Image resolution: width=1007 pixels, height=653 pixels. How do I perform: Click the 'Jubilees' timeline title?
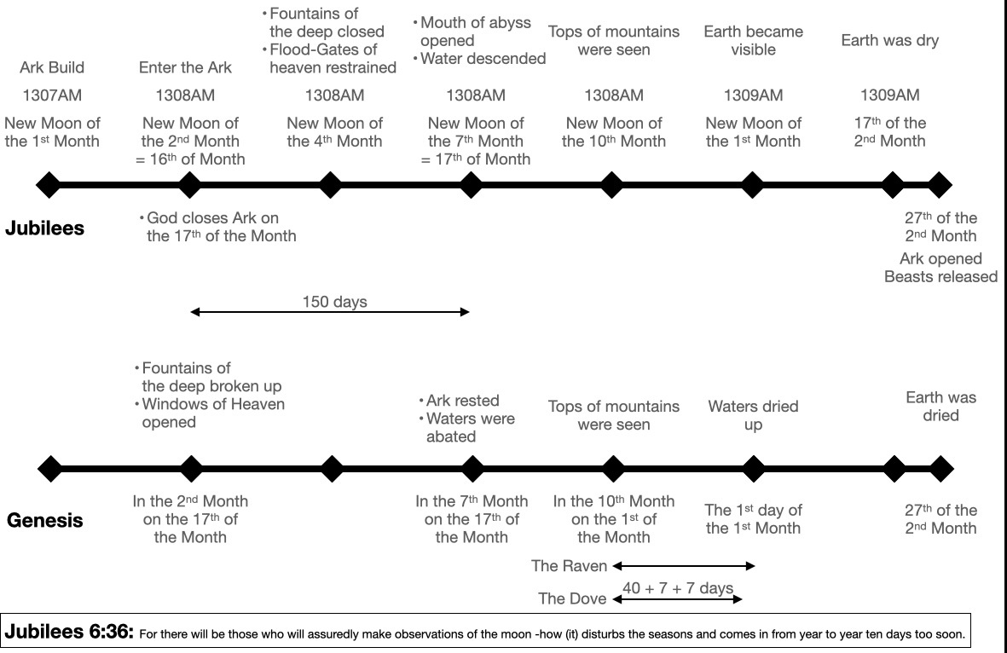pyautogui.click(x=45, y=228)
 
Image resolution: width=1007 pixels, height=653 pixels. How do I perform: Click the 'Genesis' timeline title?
pyautogui.click(x=45, y=520)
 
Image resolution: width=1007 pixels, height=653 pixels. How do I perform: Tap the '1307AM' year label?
pyautogui.click(x=52, y=95)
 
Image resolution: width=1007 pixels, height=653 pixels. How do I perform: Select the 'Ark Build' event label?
pyautogui.click(x=52, y=67)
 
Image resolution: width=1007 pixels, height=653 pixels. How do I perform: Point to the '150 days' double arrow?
pyautogui.click(x=330, y=312)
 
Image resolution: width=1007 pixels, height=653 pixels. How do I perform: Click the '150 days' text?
pyautogui.click(x=334, y=302)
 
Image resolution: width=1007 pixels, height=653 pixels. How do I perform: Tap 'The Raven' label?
pyautogui.click(x=569, y=566)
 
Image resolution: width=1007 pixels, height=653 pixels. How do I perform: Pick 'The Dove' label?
pyautogui.click(x=572, y=598)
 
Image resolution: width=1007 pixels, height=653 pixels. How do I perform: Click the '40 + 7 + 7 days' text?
pyautogui.click(x=678, y=587)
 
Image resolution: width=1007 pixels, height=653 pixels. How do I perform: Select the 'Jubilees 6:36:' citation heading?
pyautogui.click(x=69, y=632)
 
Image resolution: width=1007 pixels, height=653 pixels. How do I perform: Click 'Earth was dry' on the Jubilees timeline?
pyautogui.click(x=890, y=40)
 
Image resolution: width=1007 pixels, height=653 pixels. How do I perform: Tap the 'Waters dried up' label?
pyautogui.click(x=753, y=415)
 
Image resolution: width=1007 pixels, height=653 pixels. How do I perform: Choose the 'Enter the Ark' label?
pyautogui.click(x=185, y=67)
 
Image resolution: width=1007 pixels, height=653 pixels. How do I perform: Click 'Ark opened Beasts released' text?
pyautogui.click(x=940, y=268)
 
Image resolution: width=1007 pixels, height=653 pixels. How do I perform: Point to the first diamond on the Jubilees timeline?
pyautogui.click(x=48, y=185)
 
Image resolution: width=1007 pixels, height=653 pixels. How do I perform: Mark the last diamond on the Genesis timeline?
pyautogui.click(x=940, y=469)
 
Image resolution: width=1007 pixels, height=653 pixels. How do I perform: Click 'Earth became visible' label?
pyautogui.click(x=753, y=40)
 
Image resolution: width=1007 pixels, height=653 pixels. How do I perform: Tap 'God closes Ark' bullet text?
pyautogui.click(x=217, y=228)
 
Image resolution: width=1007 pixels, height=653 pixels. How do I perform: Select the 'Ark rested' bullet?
pyautogui.click(x=459, y=401)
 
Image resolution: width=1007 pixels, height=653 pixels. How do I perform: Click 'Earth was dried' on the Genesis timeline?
pyautogui.click(x=940, y=407)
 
